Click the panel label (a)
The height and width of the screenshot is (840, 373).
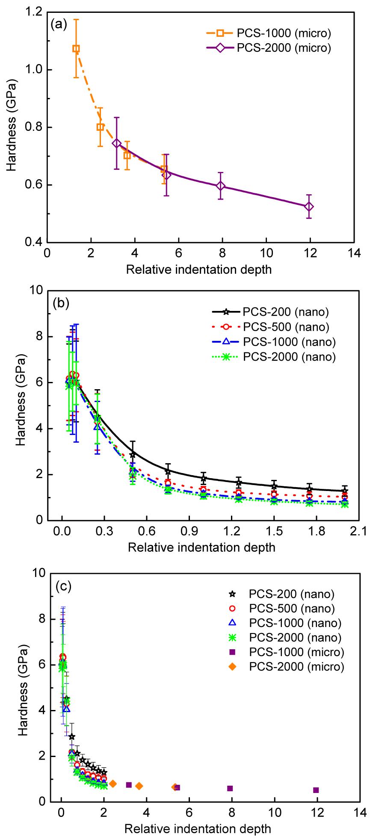59,24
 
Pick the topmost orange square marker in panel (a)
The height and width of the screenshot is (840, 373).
76,49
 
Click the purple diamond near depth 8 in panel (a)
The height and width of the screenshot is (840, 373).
221,186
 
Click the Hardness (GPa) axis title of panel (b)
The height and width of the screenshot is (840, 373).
21,405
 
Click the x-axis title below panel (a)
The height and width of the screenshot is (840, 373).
198,269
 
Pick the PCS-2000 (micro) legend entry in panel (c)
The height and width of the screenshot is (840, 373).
287,666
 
